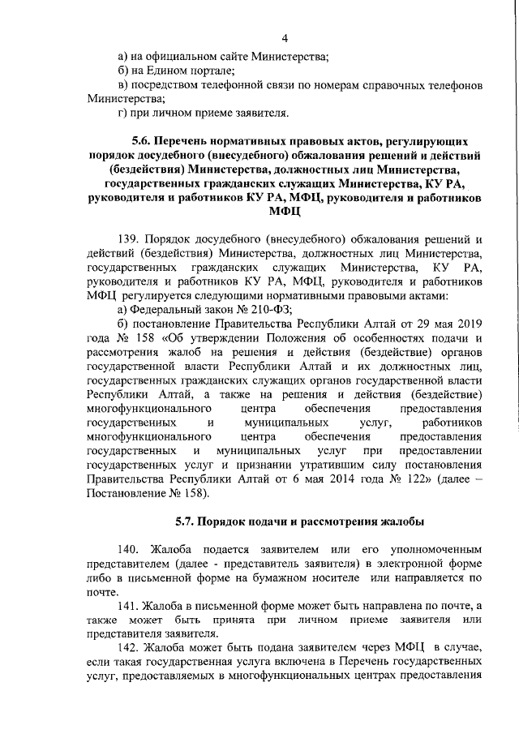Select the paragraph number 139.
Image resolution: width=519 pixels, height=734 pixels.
click(131, 239)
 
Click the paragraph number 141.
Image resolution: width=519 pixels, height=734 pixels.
click(131, 605)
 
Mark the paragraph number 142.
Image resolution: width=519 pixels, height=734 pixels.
click(131, 648)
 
